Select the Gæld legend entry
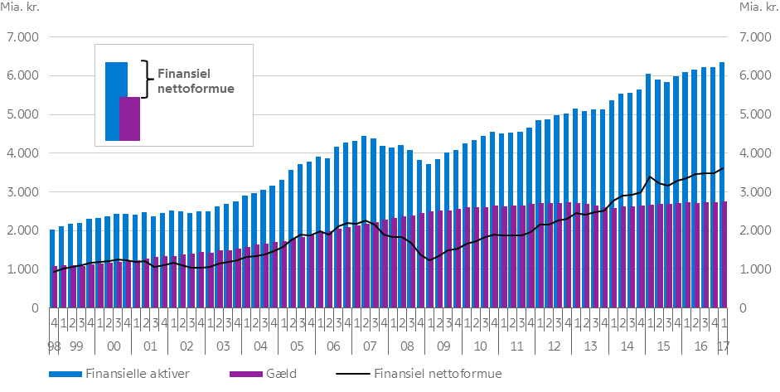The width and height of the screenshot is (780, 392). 283,374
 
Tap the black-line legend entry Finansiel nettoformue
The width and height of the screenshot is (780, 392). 438,374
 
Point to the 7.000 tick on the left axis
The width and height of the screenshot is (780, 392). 22,37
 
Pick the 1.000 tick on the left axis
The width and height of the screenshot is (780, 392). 22,269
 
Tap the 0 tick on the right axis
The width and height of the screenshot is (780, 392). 737,308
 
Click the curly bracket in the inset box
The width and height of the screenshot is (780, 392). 147,79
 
